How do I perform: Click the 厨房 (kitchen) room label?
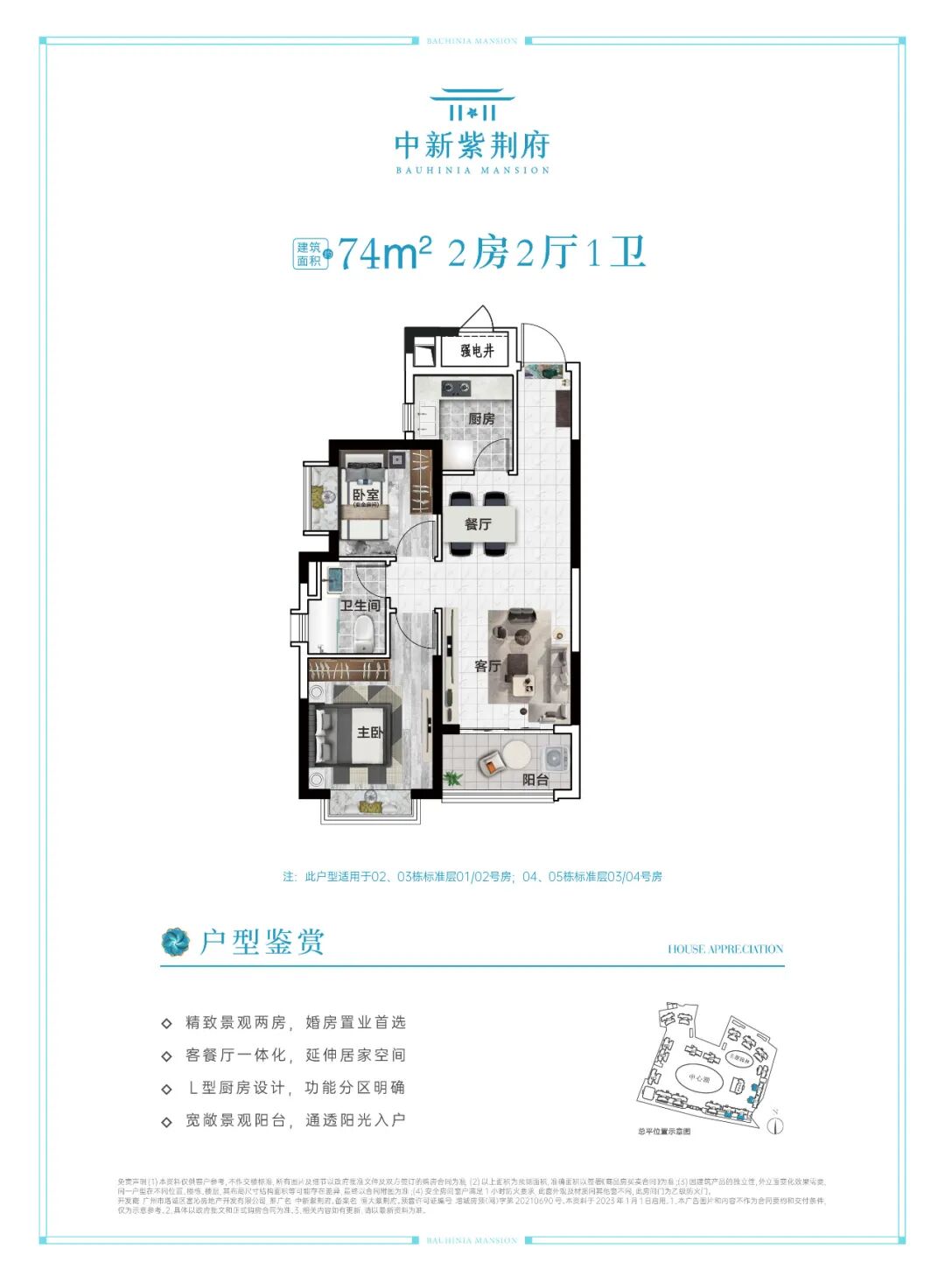point(480,418)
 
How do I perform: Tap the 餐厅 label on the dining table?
point(478,524)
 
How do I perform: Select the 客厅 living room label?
point(487,666)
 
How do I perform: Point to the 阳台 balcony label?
point(535,779)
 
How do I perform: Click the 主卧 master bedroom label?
point(369,732)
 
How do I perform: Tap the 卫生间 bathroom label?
point(360,606)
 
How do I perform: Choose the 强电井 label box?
point(478,351)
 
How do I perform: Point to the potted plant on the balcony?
point(452,777)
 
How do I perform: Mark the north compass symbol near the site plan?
point(774,1125)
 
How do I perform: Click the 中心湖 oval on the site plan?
point(699,1078)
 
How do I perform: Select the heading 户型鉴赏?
point(262,942)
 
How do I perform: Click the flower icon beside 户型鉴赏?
point(175,942)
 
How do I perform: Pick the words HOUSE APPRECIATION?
point(725,949)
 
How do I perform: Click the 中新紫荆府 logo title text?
point(472,144)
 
